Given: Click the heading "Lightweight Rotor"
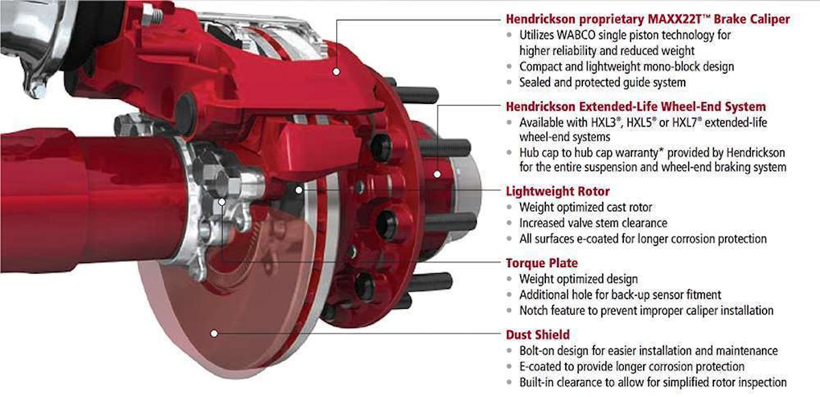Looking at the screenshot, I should click(557, 191).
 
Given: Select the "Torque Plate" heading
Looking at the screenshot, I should click(541, 263).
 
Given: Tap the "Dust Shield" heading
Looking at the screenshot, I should click(538, 335).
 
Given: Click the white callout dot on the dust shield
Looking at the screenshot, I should click(215, 333).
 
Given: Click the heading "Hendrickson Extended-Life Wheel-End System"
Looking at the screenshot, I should click(635, 107).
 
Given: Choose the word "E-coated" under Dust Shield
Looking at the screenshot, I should click(543, 367).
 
